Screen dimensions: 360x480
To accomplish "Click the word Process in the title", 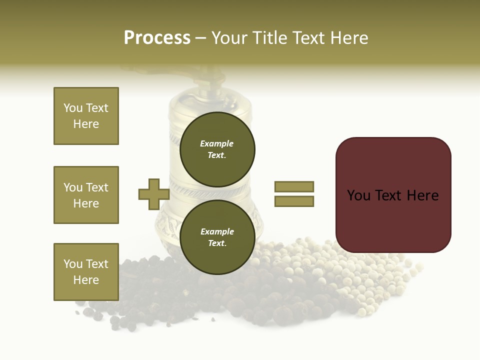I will pyautogui.click(x=157, y=38).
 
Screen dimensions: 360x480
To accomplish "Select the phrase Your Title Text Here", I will pyautogui.click(x=289, y=38).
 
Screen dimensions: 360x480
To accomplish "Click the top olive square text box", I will pyautogui.click(x=86, y=116).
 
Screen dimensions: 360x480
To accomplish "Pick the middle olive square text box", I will pyautogui.click(x=86, y=195).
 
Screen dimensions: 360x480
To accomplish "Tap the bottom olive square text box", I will pyautogui.click(x=86, y=272).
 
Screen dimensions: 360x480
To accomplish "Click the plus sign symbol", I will pyautogui.click(x=153, y=194).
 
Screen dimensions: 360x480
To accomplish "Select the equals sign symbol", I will pyautogui.click(x=294, y=194).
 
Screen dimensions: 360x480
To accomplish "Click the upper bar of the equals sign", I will pyautogui.click(x=294, y=186).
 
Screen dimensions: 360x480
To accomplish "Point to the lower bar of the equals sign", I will pyautogui.click(x=294, y=201).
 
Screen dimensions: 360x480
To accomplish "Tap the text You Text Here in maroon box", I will pyautogui.click(x=393, y=195).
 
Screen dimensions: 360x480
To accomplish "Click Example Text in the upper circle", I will pyautogui.click(x=217, y=149).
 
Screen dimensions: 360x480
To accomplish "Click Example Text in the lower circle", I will pyautogui.click(x=217, y=237).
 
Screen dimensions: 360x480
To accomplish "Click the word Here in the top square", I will pyautogui.click(x=86, y=124).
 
